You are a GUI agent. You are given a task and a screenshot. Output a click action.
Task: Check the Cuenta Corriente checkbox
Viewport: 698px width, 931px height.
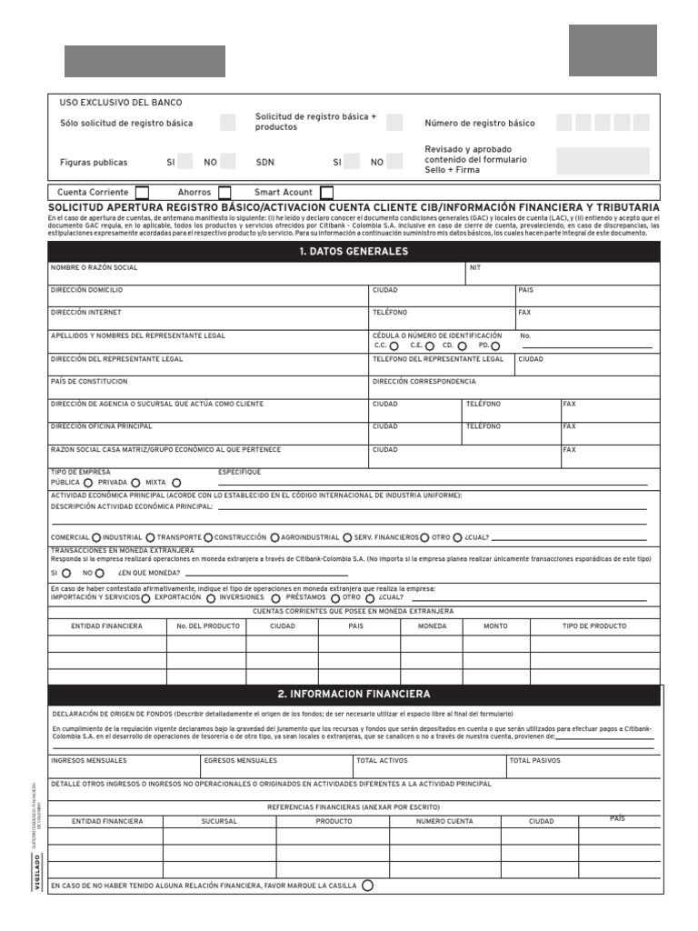point(142,193)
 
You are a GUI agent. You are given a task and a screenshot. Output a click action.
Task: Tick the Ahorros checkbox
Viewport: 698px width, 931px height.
point(224,193)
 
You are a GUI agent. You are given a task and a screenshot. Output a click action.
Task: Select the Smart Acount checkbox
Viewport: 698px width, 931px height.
point(327,193)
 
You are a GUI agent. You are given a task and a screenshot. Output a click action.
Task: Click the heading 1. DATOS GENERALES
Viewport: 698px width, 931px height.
point(354,252)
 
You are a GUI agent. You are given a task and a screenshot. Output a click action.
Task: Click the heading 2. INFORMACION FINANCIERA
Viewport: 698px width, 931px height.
point(354,694)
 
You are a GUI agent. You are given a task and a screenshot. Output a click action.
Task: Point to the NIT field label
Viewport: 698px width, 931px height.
point(475,268)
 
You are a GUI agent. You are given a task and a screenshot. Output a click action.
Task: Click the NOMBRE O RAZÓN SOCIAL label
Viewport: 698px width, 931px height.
point(95,268)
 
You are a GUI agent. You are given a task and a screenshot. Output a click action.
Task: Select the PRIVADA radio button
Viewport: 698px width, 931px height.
point(135,483)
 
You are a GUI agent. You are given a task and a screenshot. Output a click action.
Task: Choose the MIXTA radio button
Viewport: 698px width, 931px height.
point(176,483)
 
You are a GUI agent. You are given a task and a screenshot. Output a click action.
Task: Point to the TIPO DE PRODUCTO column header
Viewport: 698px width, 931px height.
point(594,626)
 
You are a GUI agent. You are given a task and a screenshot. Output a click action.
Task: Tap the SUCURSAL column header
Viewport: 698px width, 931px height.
point(219,821)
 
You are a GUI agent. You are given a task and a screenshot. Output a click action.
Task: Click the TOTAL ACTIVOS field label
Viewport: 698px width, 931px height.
point(382,760)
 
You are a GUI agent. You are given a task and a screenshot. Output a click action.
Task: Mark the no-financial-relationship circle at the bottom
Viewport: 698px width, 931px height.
point(367,886)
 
